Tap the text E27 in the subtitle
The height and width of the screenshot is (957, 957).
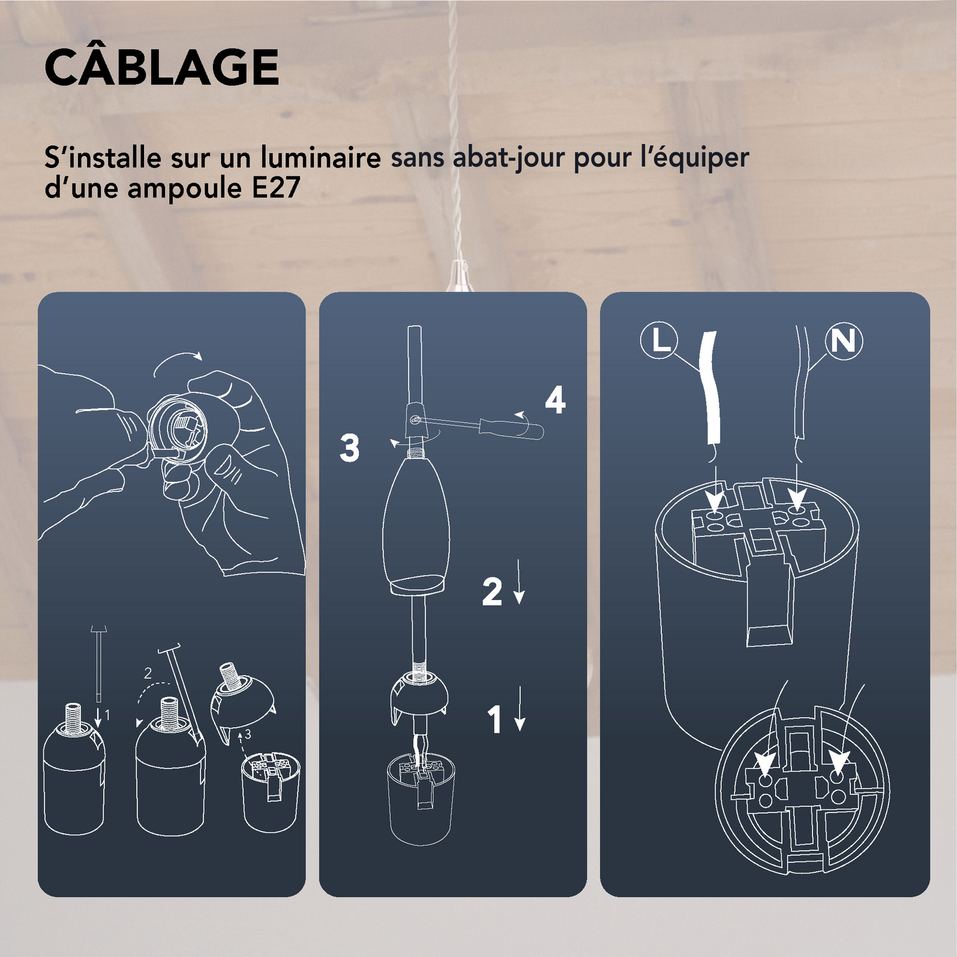click(x=276, y=188)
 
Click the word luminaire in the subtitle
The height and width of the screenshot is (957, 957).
click(x=320, y=158)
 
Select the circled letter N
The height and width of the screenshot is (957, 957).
click(x=844, y=341)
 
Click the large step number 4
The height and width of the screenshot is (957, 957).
click(x=555, y=400)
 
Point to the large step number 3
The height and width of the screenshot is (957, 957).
click(x=349, y=448)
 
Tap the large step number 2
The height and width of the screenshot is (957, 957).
click(x=492, y=592)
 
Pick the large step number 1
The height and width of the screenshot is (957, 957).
click(x=495, y=719)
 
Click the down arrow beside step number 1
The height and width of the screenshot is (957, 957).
click(x=520, y=708)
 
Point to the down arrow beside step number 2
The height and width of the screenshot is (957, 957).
click(x=520, y=581)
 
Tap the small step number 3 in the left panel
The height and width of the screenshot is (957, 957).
click(x=248, y=734)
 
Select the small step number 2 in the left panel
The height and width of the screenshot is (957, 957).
click(x=148, y=673)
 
